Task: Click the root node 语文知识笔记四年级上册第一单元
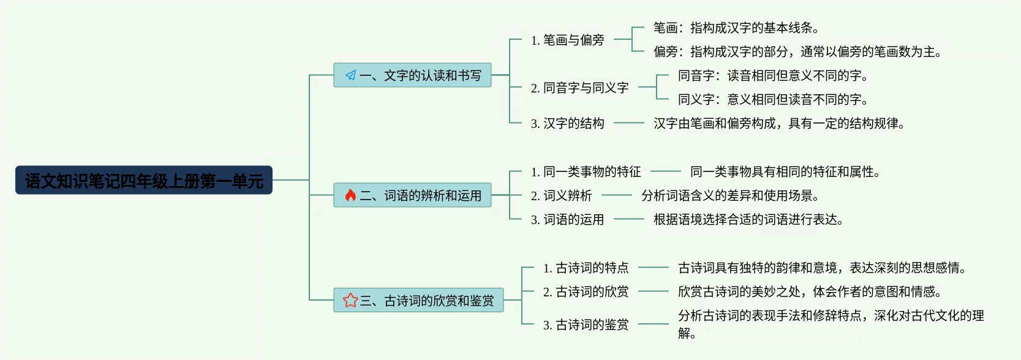[144, 181]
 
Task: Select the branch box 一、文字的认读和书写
[412, 75]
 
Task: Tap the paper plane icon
[350, 75]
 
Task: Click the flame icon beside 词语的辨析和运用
[350, 195]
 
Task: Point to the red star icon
[350, 300]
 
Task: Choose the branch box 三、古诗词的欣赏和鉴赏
[418, 301]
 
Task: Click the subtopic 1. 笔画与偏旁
[567, 40]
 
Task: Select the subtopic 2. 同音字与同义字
[579, 88]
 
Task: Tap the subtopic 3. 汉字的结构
[567, 124]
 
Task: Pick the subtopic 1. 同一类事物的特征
[586, 172]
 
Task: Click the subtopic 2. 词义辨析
[561, 196]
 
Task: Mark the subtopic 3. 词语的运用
[567, 220]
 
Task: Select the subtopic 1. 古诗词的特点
[586, 268]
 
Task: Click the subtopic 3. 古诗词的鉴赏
[586, 325]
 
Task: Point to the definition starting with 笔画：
[736, 28]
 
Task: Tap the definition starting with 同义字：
[773, 100]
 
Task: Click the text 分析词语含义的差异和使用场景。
[730, 196]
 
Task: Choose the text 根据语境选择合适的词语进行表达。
[748, 220]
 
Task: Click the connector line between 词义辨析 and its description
[616, 196]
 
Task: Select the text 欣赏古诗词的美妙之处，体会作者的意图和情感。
[810, 292]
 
